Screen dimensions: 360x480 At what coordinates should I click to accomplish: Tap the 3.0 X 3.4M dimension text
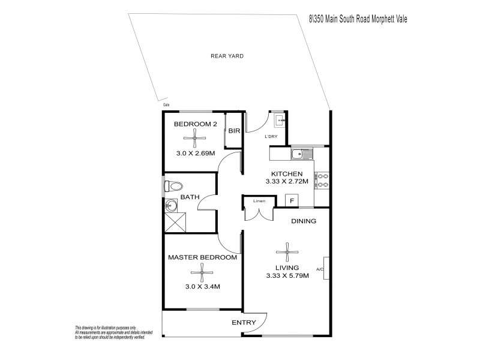click(x=202, y=287)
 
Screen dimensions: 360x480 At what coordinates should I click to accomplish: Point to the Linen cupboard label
click(x=259, y=200)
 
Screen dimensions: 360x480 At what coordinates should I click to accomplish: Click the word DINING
click(x=304, y=221)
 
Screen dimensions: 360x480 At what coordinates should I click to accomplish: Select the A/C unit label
click(x=320, y=269)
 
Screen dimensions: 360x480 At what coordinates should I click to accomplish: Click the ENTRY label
click(x=244, y=323)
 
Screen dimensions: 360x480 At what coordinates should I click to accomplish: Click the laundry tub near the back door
click(x=280, y=122)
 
